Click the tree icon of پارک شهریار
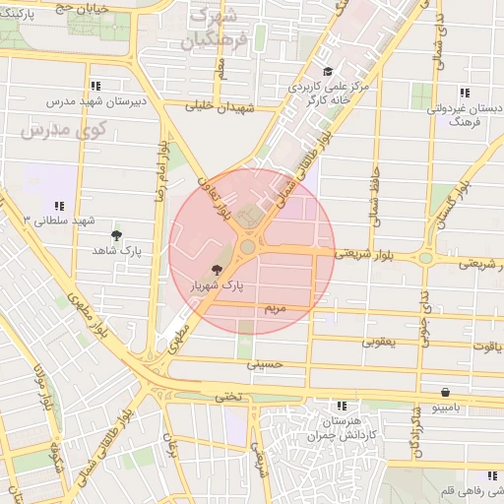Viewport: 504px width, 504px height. pos(218,269)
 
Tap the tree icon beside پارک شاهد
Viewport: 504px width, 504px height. pos(117,235)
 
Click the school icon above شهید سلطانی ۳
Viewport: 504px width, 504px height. pos(59,206)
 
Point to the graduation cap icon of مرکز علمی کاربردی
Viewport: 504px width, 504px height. pos(327,71)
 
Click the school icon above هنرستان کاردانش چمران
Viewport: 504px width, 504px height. pos(341,405)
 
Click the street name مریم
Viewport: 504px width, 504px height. pos(277,308)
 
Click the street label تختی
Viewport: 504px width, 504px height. pos(226,396)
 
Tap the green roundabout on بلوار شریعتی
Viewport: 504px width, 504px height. pos(425,258)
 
